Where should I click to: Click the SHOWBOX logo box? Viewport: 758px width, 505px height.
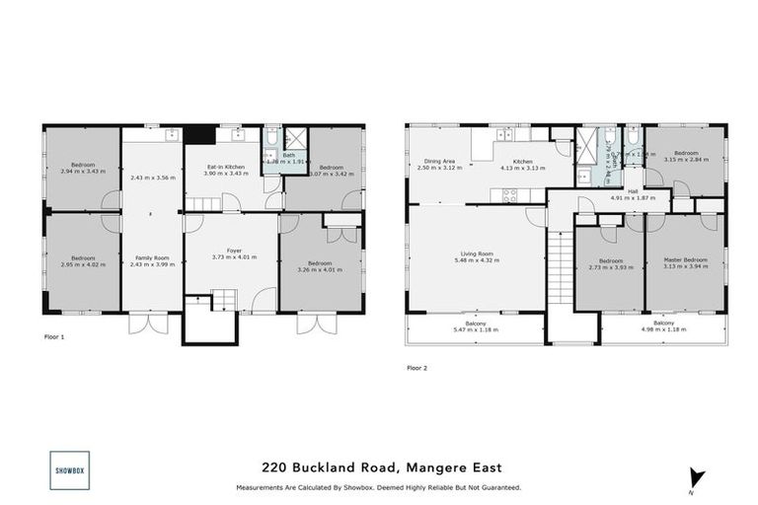tap(69, 470)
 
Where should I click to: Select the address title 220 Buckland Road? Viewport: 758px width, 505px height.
tap(379, 469)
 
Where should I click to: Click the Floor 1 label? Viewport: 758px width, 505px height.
tap(55, 336)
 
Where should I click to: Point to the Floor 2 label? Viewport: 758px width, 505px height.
tap(417, 367)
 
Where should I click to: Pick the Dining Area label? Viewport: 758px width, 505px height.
tap(439, 161)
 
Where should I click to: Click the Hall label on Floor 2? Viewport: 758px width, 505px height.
tap(632, 191)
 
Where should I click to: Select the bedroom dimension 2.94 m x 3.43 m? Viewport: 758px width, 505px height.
tap(83, 172)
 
